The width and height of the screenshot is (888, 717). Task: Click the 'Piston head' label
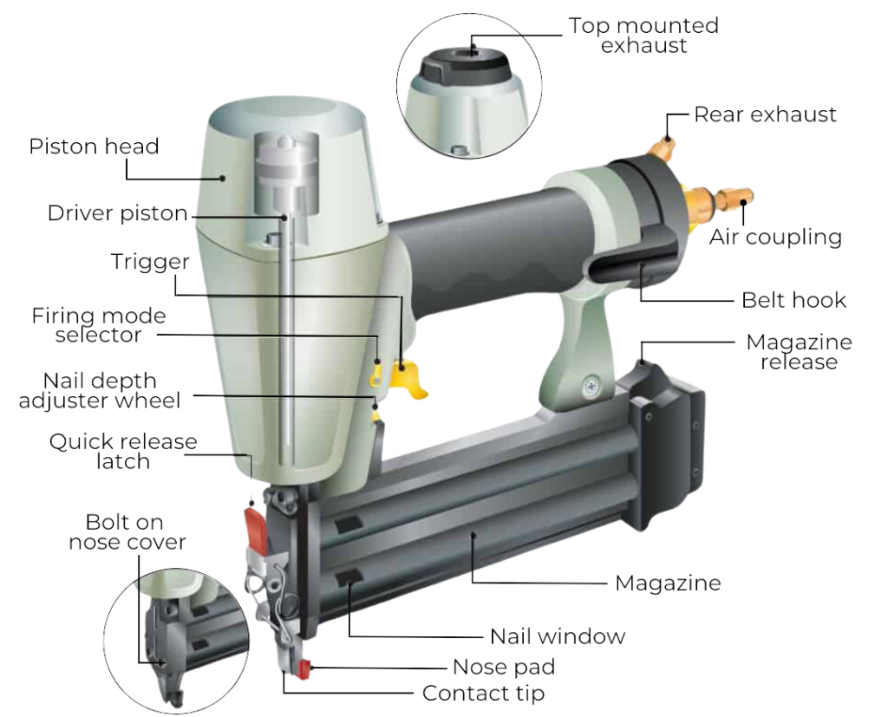click(x=94, y=147)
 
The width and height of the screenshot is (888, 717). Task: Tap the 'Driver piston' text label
click(x=117, y=213)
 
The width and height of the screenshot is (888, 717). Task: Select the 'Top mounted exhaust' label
click(x=644, y=36)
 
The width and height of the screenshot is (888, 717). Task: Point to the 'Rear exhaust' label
click(x=765, y=114)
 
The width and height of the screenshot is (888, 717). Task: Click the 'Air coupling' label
click(x=775, y=237)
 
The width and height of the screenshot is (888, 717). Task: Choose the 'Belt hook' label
click(x=794, y=300)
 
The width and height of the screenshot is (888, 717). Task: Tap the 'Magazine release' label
click(x=799, y=352)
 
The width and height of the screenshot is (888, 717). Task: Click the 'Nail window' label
click(x=558, y=636)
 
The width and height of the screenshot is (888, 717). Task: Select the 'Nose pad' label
click(x=504, y=668)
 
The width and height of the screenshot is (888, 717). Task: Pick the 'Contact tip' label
click(x=484, y=694)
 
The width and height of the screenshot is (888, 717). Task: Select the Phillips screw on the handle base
click(x=591, y=388)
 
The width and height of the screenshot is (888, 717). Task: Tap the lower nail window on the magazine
click(x=349, y=579)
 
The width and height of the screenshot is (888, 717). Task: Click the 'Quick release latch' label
click(x=123, y=452)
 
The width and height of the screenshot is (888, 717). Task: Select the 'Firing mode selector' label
click(x=99, y=325)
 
